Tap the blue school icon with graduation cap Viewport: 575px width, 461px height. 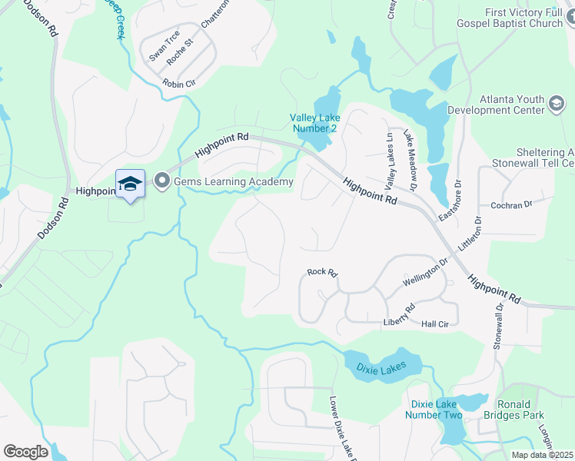(130, 183)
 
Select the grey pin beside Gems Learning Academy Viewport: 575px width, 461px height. (162, 181)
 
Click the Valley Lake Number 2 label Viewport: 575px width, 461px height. (313, 123)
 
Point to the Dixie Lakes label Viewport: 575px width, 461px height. (381, 368)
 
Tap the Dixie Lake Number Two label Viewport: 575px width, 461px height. (436, 410)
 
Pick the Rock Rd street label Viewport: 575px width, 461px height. (322, 272)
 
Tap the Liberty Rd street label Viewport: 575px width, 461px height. (399, 316)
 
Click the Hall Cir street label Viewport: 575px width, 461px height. (434, 324)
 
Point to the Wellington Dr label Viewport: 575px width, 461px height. (425, 272)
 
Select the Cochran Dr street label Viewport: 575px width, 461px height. (511, 205)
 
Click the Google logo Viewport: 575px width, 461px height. (25, 452)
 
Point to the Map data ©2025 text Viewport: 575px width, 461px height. (542, 455)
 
